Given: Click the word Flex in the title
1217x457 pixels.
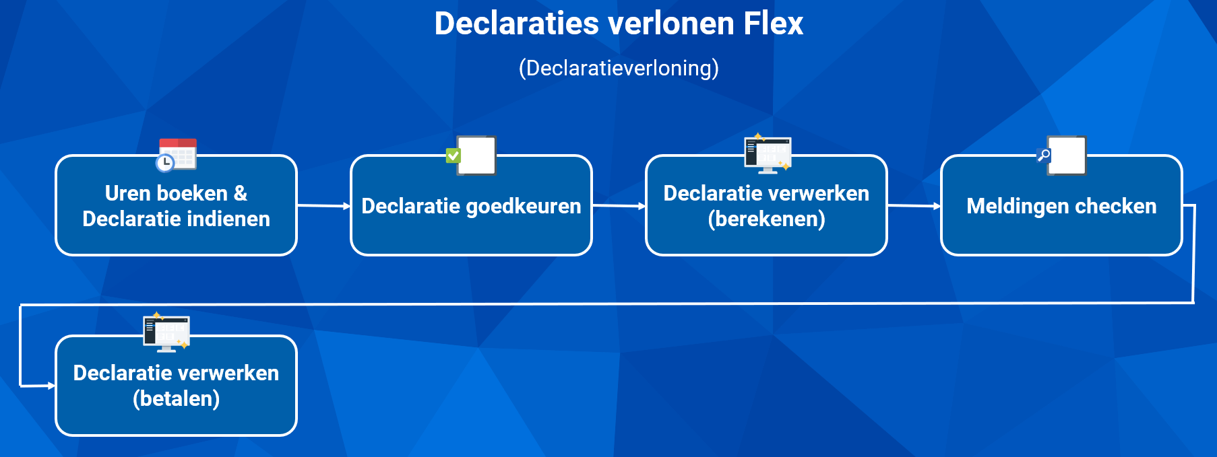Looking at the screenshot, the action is click(x=773, y=24).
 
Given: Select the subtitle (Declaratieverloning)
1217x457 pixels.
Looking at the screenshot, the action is click(x=619, y=68).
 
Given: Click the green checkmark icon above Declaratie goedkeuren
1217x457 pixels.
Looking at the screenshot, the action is click(x=453, y=155).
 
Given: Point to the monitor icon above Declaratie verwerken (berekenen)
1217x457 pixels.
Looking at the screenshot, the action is click(x=768, y=154).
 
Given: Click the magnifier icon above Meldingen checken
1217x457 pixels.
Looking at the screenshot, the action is click(x=1044, y=156).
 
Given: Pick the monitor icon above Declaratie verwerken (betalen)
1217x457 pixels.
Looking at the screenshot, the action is click(x=166, y=333).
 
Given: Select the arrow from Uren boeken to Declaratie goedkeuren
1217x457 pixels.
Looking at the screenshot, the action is click(x=323, y=206).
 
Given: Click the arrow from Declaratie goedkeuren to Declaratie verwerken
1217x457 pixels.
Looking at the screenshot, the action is click(x=619, y=206).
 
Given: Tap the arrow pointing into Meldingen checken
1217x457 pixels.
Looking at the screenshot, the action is click(x=914, y=206).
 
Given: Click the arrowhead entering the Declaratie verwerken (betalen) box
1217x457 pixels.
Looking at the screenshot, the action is click(x=51, y=386).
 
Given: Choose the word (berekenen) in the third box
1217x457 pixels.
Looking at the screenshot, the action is click(x=767, y=219).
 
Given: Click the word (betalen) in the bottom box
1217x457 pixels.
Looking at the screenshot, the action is click(x=177, y=399).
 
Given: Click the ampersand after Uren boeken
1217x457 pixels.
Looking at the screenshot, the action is click(x=241, y=194).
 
